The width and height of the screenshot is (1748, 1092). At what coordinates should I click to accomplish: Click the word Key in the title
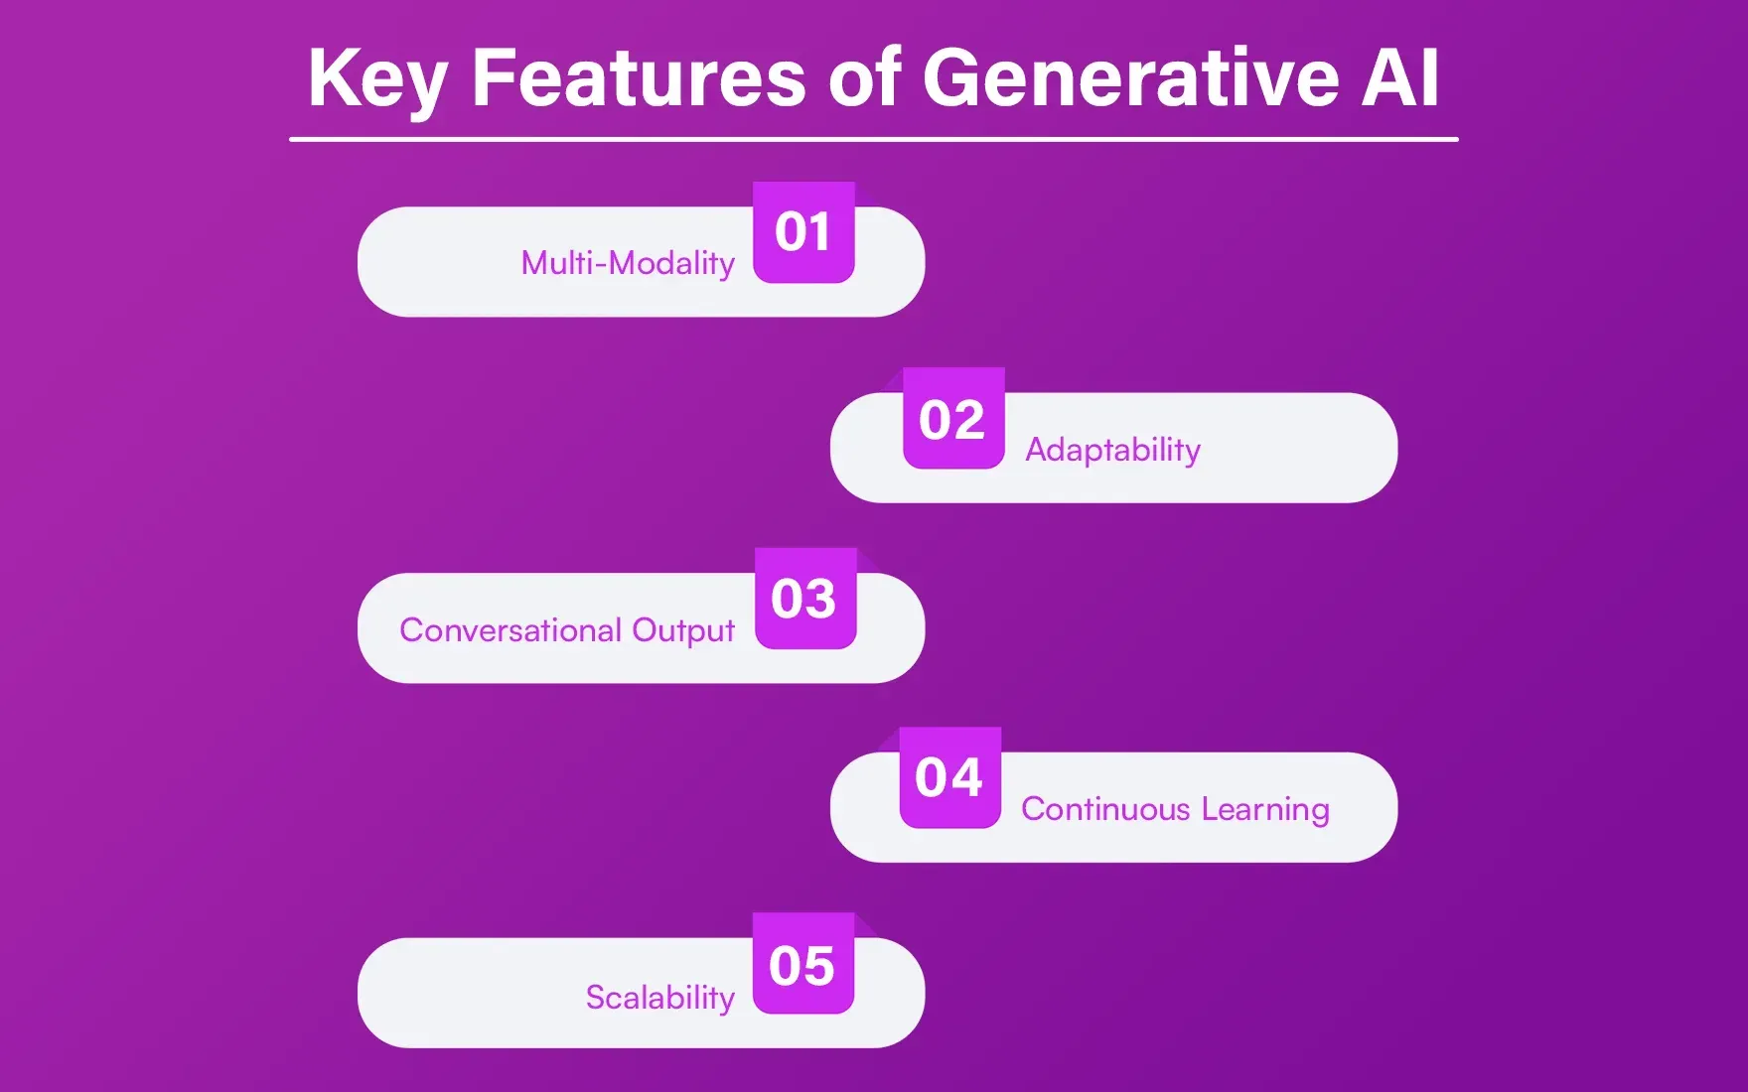click(377, 79)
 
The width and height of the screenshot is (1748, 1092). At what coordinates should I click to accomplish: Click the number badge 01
click(803, 232)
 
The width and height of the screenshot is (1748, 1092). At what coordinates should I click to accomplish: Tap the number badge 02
click(952, 419)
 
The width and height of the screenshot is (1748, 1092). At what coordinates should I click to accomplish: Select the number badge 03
click(804, 599)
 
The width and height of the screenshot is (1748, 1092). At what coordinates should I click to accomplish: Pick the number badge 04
click(949, 777)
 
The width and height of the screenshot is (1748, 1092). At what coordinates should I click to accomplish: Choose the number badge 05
click(802, 965)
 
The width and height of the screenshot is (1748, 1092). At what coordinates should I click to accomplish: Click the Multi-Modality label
click(628, 263)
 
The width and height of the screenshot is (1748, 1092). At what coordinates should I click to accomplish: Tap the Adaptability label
click(1112, 450)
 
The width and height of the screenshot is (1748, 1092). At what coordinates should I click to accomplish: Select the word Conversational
click(510, 630)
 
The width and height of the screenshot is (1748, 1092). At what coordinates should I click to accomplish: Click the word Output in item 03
click(683, 631)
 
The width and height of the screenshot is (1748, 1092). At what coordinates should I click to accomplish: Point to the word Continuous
click(1105, 809)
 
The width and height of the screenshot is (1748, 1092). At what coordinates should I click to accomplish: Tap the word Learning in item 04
click(1264, 810)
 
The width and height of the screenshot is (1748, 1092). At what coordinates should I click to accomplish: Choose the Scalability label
click(659, 997)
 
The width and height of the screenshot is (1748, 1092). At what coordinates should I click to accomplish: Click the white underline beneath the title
click(874, 140)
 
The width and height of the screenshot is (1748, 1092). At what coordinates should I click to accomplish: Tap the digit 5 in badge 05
click(819, 966)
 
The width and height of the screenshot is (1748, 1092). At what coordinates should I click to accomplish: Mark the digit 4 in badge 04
click(966, 777)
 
